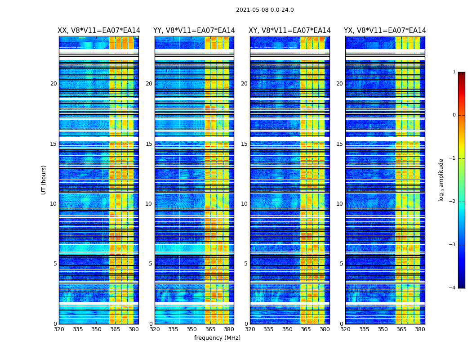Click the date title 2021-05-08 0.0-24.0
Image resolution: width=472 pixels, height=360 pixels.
[x=265, y=10]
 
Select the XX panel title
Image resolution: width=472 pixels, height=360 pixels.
[x=99, y=31]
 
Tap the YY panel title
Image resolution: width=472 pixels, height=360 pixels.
[x=194, y=31]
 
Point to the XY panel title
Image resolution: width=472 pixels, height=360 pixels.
[x=290, y=31]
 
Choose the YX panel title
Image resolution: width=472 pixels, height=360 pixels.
[x=385, y=31]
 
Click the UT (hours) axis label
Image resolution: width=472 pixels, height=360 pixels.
[x=44, y=180]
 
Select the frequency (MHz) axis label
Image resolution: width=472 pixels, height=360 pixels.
[x=217, y=338]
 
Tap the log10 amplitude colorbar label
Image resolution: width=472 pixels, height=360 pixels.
[x=441, y=180]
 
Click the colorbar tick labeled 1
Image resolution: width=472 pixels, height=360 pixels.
[x=454, y=72]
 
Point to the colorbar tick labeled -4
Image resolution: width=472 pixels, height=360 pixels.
[x=453, y=288]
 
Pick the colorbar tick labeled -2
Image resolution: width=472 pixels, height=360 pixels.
[x=453, y=202]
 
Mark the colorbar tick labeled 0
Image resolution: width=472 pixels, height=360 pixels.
[x=454, y=115]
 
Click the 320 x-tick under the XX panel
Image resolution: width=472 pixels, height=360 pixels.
[x=59, y=329]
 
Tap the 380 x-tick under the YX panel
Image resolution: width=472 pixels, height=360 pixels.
[x=420, y=329]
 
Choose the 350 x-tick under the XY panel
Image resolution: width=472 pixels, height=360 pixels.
[x=287, y=329]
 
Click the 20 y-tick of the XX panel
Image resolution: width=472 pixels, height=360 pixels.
[x=53, y=84]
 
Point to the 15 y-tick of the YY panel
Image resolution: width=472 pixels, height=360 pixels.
[x=149, y=144]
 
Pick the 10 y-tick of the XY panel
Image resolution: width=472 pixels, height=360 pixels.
[x=244, y=204]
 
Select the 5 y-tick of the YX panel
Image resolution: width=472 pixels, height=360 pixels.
[x=341, y=264]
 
